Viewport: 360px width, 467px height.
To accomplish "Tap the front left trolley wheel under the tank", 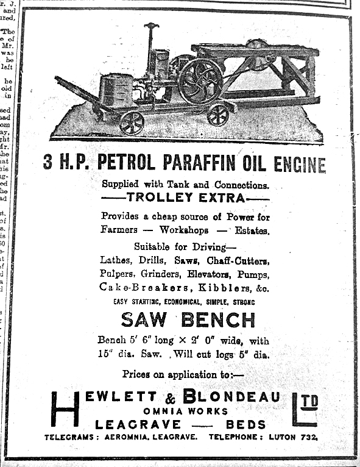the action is pyautogui.click(x=132, y=123).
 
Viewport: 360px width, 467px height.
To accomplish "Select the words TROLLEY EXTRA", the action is pyautogui.click(x=185, y=198).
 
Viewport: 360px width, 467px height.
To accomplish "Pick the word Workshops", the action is pyautogui.click(x=184, y=230).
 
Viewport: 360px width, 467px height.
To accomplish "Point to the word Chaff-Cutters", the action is pyautogui.click(x=238, y=260).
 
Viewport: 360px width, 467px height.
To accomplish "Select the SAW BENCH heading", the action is pyautogui.click(x=188, y=319).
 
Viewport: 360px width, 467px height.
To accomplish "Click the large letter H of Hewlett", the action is pyautogui.click(x=65, y=408).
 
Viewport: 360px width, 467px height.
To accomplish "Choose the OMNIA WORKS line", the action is pyautogui.click(x=186, y=411).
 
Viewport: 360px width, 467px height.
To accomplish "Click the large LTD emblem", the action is pyautogui.click(x=305, y=408).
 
